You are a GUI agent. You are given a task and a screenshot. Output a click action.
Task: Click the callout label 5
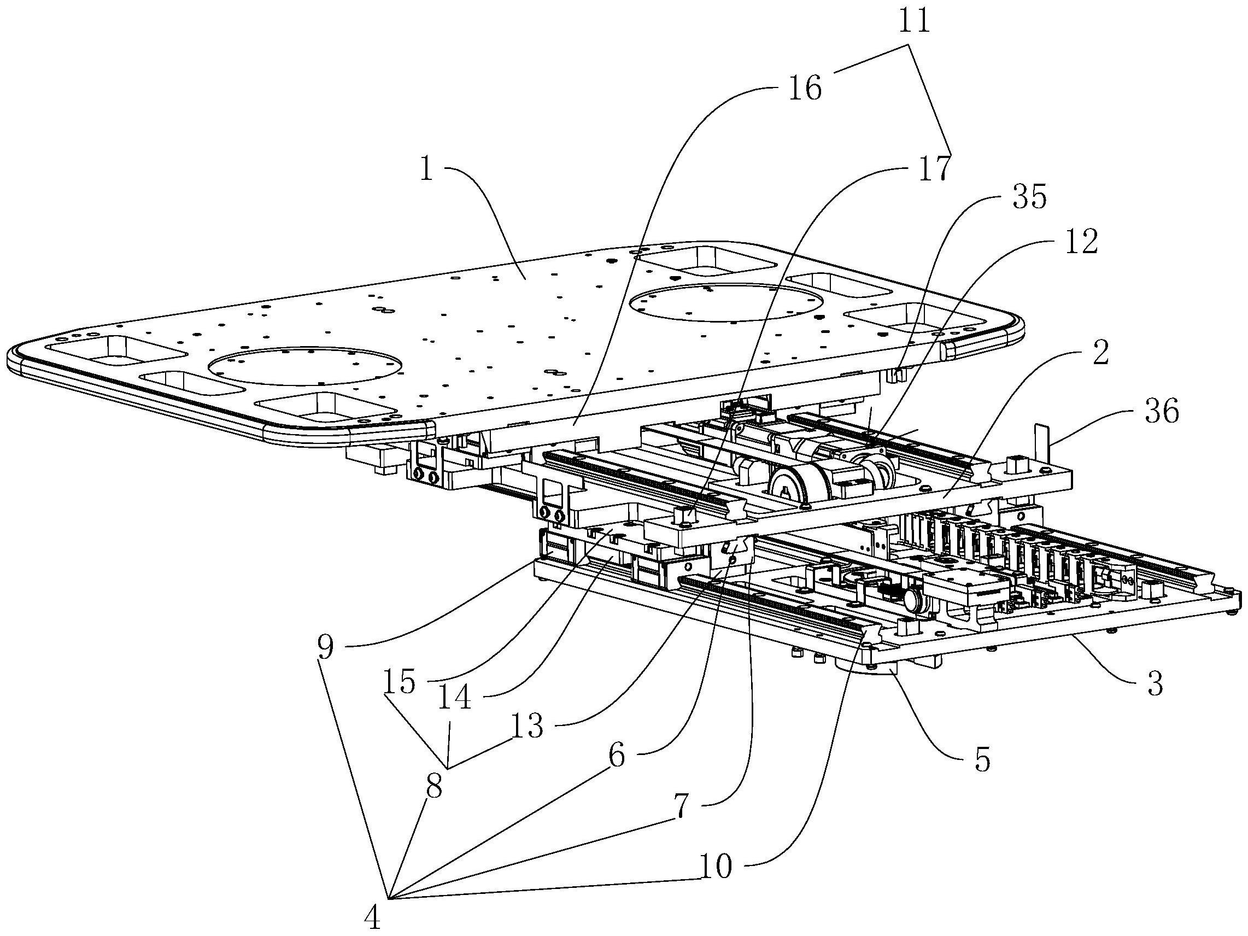pos(982,760)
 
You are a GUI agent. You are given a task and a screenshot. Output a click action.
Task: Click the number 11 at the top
pos(915,22)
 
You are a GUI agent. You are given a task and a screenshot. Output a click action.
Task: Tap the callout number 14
pos(455,698)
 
